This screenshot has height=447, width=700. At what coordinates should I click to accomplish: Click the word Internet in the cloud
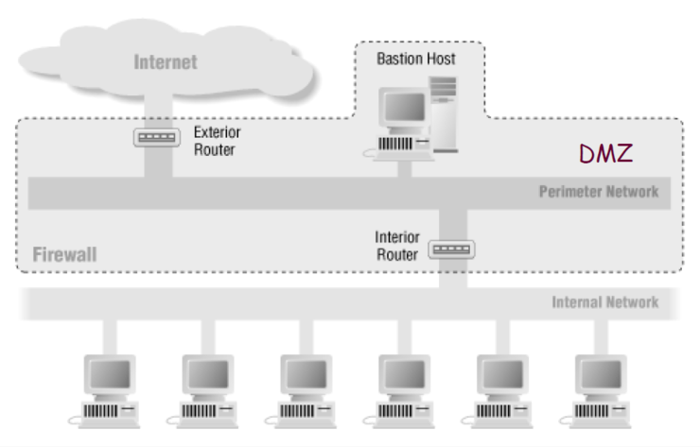(166, 62)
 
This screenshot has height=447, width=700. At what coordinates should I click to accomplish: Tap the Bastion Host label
(416, 59)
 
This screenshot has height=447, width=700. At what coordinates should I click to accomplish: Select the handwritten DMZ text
(604, 152)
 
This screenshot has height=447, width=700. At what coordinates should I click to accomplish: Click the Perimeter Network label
(599, 192)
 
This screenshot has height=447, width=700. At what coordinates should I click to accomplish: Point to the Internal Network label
(605, 302)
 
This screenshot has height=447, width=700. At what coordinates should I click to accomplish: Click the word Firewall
(65, 254)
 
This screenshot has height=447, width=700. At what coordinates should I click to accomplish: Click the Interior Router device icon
(452, 249)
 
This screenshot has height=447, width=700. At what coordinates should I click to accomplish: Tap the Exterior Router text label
(214, 141)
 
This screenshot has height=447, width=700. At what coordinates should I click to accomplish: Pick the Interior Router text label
(396, 246)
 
